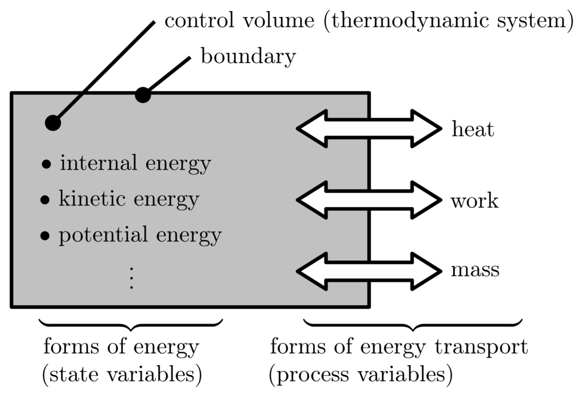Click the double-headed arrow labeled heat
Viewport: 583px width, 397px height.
pyautogui.click(x=369, y=129)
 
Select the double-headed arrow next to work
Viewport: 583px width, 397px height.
pyautogui.click(x=369, y=200)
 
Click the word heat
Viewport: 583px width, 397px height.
pyautogui.click(x=473, y=130)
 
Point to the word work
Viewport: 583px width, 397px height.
pyautogui.click(x=474, y=201)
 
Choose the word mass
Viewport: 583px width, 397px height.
pyautogui.click(x=475, y=269)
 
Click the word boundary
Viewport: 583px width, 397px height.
pyautogui.click(x=248, y=56)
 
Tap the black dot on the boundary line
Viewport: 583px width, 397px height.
pyautogui.click(x=142, y=95)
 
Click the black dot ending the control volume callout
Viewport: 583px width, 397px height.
pyautogui.click(x=53, y=122)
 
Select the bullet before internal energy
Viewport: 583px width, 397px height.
pyautogui.click(x=46, y=165)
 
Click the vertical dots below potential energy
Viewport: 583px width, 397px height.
pyautogui.click(x=132, y=277)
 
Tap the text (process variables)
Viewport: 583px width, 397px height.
pyautogui.click(x=361, y=374)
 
